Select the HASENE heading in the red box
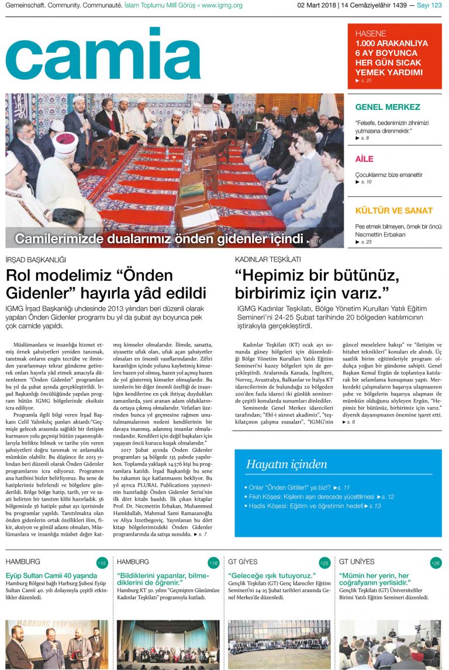[371, 34]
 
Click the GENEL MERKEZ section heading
[388, 107]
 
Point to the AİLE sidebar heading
[364, 159]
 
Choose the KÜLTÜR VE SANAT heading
[394, 210]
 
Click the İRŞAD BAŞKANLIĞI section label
[36, 259]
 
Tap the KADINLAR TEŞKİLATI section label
[268, 259]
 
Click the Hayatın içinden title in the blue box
[286, 465]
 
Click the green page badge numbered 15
[102, 563]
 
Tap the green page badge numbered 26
[435, 563]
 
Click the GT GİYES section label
[243, 562]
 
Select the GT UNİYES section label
[357, 562]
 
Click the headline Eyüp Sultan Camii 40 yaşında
[51, 575]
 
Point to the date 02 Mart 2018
[316, 5]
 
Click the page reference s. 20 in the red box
[365, 81]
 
